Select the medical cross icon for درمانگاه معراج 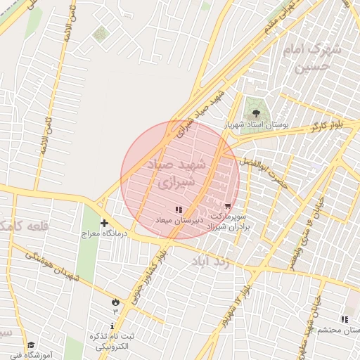(x=104, y=222)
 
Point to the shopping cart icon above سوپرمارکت (x=227, y=205)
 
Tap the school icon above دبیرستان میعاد (x=178, y=209)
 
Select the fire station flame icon (x=115, y=300)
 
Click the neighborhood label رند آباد (x=210, y=261)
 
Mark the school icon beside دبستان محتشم (x=344, y=319)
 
